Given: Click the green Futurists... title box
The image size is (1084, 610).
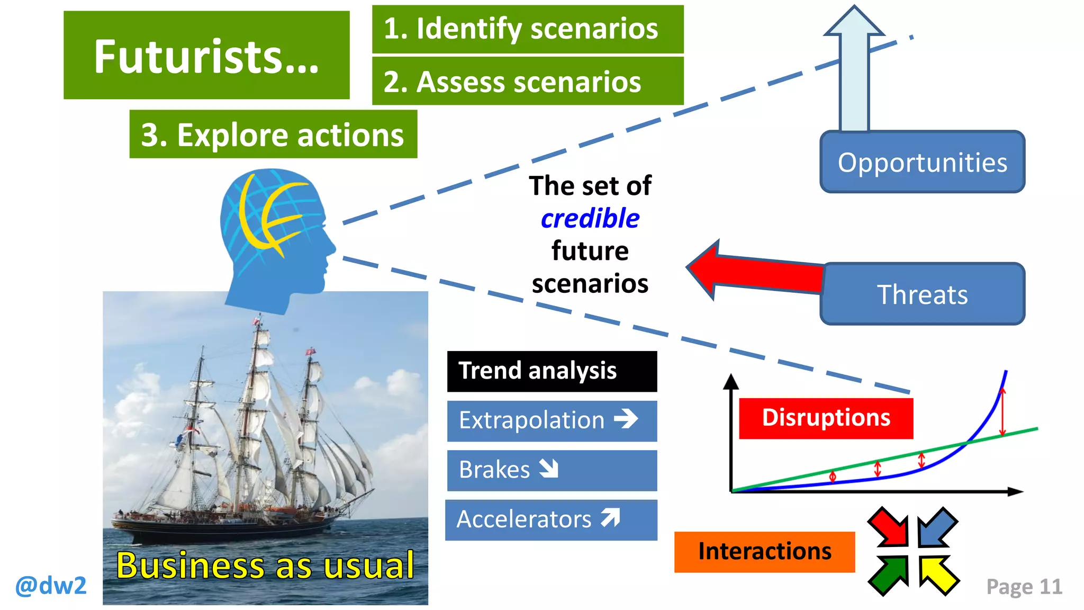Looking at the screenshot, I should (x=206, y=55).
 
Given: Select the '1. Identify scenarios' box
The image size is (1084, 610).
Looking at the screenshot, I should (x=528, y=29).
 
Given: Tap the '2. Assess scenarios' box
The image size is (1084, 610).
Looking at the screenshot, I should (x=528, y=81).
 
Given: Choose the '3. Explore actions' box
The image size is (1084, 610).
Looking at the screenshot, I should (x=273, y=134).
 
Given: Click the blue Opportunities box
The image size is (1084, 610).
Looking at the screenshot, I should (x=922, y=162).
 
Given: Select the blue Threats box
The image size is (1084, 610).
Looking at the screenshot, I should (x=922, y=294).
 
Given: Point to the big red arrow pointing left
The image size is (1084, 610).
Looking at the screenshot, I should (x=752, y=270).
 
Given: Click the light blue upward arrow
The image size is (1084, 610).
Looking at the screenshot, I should (x=854, y=74).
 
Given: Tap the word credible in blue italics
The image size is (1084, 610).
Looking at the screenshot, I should (x=590, y=219).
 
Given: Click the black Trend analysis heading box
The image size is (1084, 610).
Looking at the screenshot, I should (x=552, y=371).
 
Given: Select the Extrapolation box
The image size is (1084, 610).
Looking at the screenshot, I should (x=552, y=421).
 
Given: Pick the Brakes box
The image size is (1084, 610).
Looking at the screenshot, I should (x=552, y=470).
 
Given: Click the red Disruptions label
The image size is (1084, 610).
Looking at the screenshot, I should (x=826, y=418).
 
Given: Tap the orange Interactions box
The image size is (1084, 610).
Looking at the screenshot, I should (x=764, y=552).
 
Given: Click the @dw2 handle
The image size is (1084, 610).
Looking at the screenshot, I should (x=51, y=586).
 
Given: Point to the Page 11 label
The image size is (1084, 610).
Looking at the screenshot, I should (x=1024, y=587).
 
